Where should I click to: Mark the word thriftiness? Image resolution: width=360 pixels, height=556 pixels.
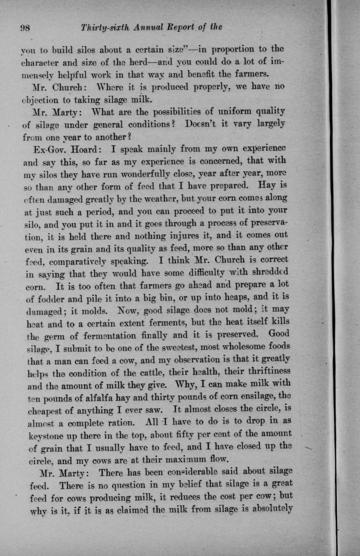pyautogui.click(x=265, y=371)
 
